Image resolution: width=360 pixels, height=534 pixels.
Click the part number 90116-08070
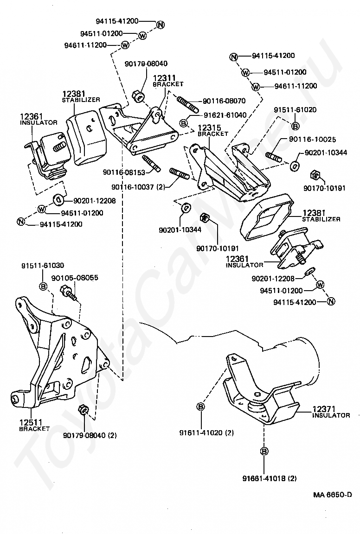click(224, 101)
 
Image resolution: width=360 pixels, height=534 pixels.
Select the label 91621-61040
click(225, 115)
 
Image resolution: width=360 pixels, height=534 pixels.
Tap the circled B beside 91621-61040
click(184, 122)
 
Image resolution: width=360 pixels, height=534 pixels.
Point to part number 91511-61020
click(295, 110)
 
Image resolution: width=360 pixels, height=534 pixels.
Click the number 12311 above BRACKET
click(164, 78)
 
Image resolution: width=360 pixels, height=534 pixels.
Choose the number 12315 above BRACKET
click(209, 128)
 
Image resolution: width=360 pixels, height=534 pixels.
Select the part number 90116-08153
click(124, 172)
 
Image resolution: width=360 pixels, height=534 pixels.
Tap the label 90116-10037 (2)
click(138, 187)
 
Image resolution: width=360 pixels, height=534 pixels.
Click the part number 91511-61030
click(43, 265)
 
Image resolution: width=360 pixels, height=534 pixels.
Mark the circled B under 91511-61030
click(44, 286)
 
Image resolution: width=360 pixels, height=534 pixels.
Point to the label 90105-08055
click(75, 278)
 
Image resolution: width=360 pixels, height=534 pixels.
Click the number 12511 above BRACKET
click(31, 423)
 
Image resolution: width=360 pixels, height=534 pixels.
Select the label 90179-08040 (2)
click(90, 435)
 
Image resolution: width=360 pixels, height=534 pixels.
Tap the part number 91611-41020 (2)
click(206, 433)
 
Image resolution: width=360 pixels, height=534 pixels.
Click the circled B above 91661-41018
click(264, 451)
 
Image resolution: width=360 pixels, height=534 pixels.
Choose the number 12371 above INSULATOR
click(324, 409)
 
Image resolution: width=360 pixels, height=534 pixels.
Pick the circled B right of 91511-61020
click(295, 126)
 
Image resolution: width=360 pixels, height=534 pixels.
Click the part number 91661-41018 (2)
click(270, 478)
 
